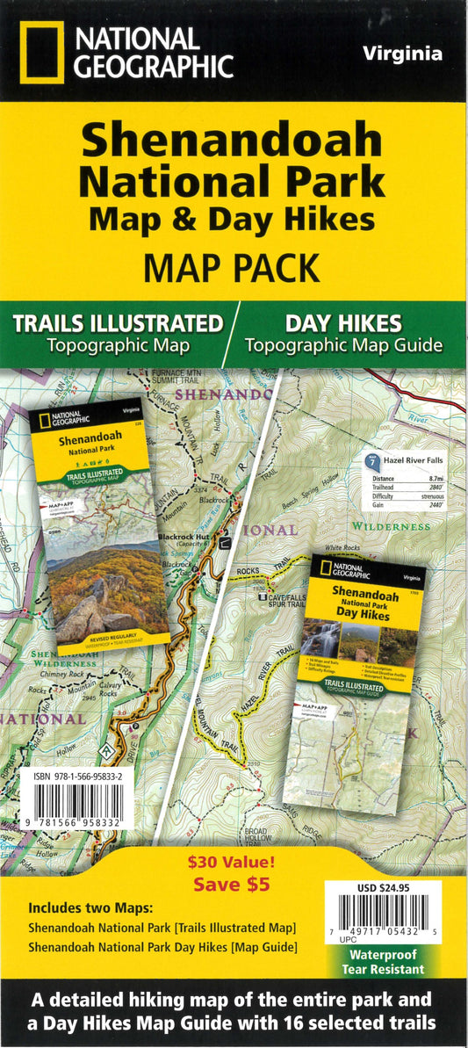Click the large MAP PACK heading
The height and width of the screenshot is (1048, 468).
233,268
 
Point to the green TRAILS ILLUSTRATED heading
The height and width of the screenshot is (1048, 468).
119,323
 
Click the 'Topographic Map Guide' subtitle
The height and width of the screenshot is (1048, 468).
343,345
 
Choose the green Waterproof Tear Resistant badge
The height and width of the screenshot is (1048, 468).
386,963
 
